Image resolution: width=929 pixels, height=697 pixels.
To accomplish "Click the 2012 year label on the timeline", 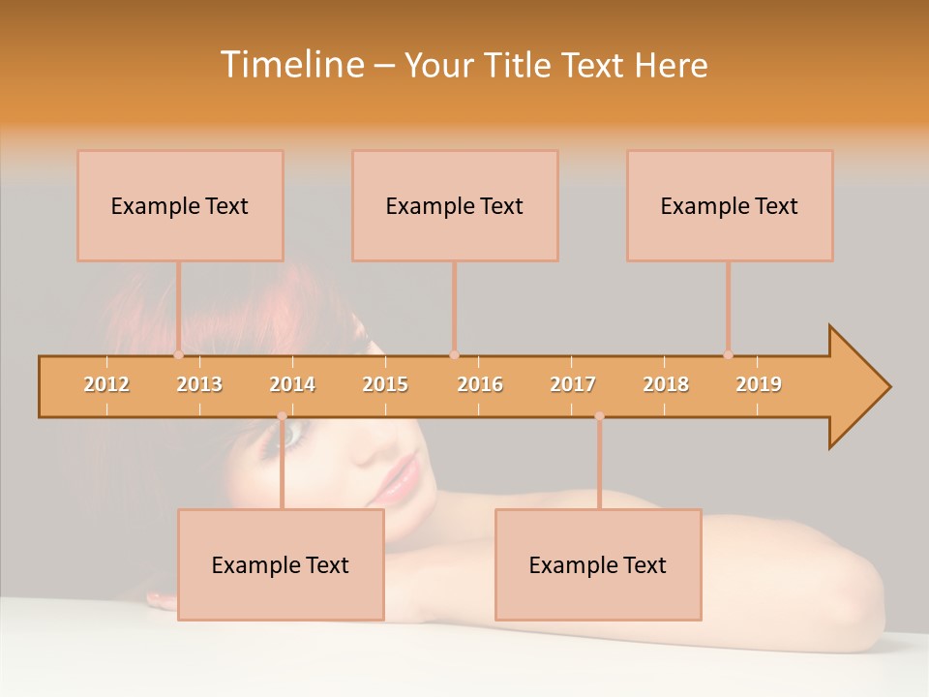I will pyautogui.click(x=106, y=384).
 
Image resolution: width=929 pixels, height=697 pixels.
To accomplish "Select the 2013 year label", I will pyautogui.click(x=199, y=384).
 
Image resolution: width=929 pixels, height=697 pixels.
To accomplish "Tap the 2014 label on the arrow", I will pyautogui.click(x=292, y=384).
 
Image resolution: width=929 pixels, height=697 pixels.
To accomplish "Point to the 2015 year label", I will pyautogui.click(x=385, y=384).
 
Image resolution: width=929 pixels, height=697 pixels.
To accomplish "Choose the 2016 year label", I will pyautogui.click(x=480, y=384).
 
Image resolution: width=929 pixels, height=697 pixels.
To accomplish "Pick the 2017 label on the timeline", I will pyautogui.click(x=573, y=384).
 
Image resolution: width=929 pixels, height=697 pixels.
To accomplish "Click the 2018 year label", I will pyautogui.click(x=666, y=384).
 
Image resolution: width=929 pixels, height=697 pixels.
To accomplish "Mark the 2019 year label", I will pyautogui.click(x=759, y=384).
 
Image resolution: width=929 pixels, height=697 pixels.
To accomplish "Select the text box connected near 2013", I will pyautogui.click(x=180, y=205).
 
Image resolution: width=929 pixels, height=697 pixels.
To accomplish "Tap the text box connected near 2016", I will pyautogui.click(x=455, y=205).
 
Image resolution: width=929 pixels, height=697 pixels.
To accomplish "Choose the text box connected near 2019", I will pyautogui.click(x=730, y=205).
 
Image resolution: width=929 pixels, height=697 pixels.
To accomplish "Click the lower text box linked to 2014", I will pyautogui.click(x=281, y=564).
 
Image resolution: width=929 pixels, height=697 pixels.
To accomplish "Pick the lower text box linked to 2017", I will pyautogui.click(x=598, y=564).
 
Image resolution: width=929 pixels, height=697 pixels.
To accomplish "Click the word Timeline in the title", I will pyautogui.click(x=290, y=65).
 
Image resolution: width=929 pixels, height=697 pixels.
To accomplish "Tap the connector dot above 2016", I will pyautogui.click(x=454, y=355).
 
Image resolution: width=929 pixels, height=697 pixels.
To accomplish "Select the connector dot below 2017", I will pyautogui.click(x=599, y=416).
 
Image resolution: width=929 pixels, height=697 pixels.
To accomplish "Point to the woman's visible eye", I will pyautogui.click(x=291, y=438).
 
